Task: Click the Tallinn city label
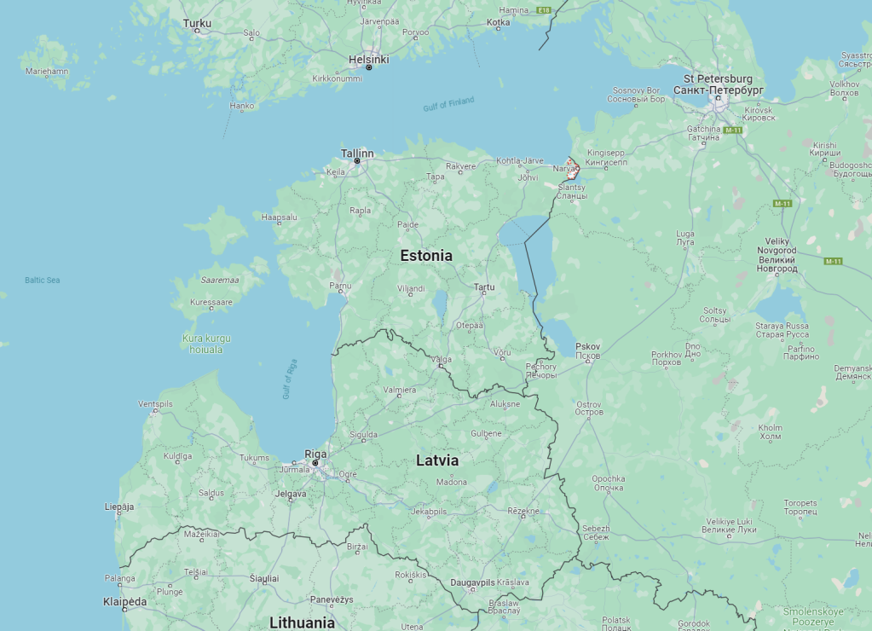[357, 153]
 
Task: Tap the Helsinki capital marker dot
[369, 67]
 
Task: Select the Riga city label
[315, 454]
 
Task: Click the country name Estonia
[426, 256]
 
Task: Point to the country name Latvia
[437, 460]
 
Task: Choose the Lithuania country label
[302, 622]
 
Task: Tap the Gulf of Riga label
[290, 379]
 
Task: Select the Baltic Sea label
[42, 280]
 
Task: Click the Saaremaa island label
[219, 280]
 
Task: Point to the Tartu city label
[484, 287]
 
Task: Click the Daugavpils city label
[472, 582]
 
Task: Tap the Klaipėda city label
[124, 601]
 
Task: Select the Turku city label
[197, 23]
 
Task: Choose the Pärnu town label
[340, 285]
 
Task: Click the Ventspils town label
[155, 403]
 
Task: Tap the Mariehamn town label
[47, 72]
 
